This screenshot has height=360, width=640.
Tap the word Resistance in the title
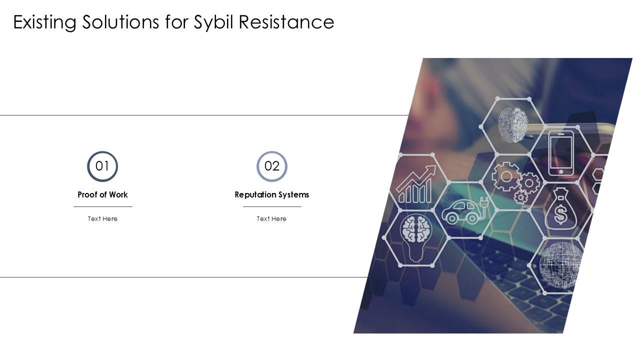(286, 22)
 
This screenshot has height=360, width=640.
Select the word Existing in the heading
(44, 22)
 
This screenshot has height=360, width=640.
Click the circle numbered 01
(102, 166)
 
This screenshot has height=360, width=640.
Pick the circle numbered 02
(272, 166)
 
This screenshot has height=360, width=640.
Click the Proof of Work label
(102, 194)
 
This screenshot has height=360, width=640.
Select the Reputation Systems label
(272, 194)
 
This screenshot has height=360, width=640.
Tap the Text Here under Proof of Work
(102, 218)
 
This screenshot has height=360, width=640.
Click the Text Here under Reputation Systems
(271, 218)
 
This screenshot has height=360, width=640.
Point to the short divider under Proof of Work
(102, 206)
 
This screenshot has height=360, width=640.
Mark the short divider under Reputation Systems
(272, 206)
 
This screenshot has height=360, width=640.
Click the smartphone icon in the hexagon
(561, 153)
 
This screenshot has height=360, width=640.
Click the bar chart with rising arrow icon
(415, 185)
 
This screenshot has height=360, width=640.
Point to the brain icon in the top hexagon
(512, 124)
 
